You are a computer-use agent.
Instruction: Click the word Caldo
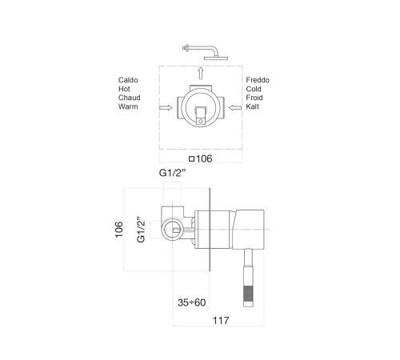tap(128, 80)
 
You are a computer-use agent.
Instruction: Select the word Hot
tap(124, 89)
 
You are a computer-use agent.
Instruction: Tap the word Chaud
tap(129, 98)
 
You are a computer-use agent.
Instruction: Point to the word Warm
tap(128, 106)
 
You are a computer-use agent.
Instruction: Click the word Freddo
tap(258, 80)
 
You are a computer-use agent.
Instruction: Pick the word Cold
tap(254, 89)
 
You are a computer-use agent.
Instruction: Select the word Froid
tap(254, 98)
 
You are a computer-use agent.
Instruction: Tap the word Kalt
tap(253, 106)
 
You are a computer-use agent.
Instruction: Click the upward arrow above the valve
tap(201, 73)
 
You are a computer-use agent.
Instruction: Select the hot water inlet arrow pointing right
tap(166, 108)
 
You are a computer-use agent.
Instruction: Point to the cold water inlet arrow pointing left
tap(235, 108)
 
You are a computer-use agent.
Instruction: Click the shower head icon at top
tap(205, 52)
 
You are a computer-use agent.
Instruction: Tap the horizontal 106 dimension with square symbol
tap(201, 158)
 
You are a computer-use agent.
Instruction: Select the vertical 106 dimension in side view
tap(119, 230)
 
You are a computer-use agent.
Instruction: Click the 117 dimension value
tap(221, 320)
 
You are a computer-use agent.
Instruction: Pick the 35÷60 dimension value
tap(191, 302)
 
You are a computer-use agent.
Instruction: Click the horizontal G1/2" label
tap(172, 173)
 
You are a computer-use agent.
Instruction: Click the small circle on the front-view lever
tap(201, 122)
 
